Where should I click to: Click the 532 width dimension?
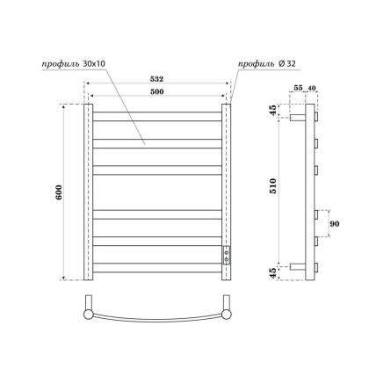tap(159, 80)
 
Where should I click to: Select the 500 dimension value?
tap(159, 92)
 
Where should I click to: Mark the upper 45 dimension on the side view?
tap(273, 110)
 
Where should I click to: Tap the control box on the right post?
tap(228, 255)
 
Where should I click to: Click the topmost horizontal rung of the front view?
tap(157, 115)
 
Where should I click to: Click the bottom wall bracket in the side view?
tap(298, 266)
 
